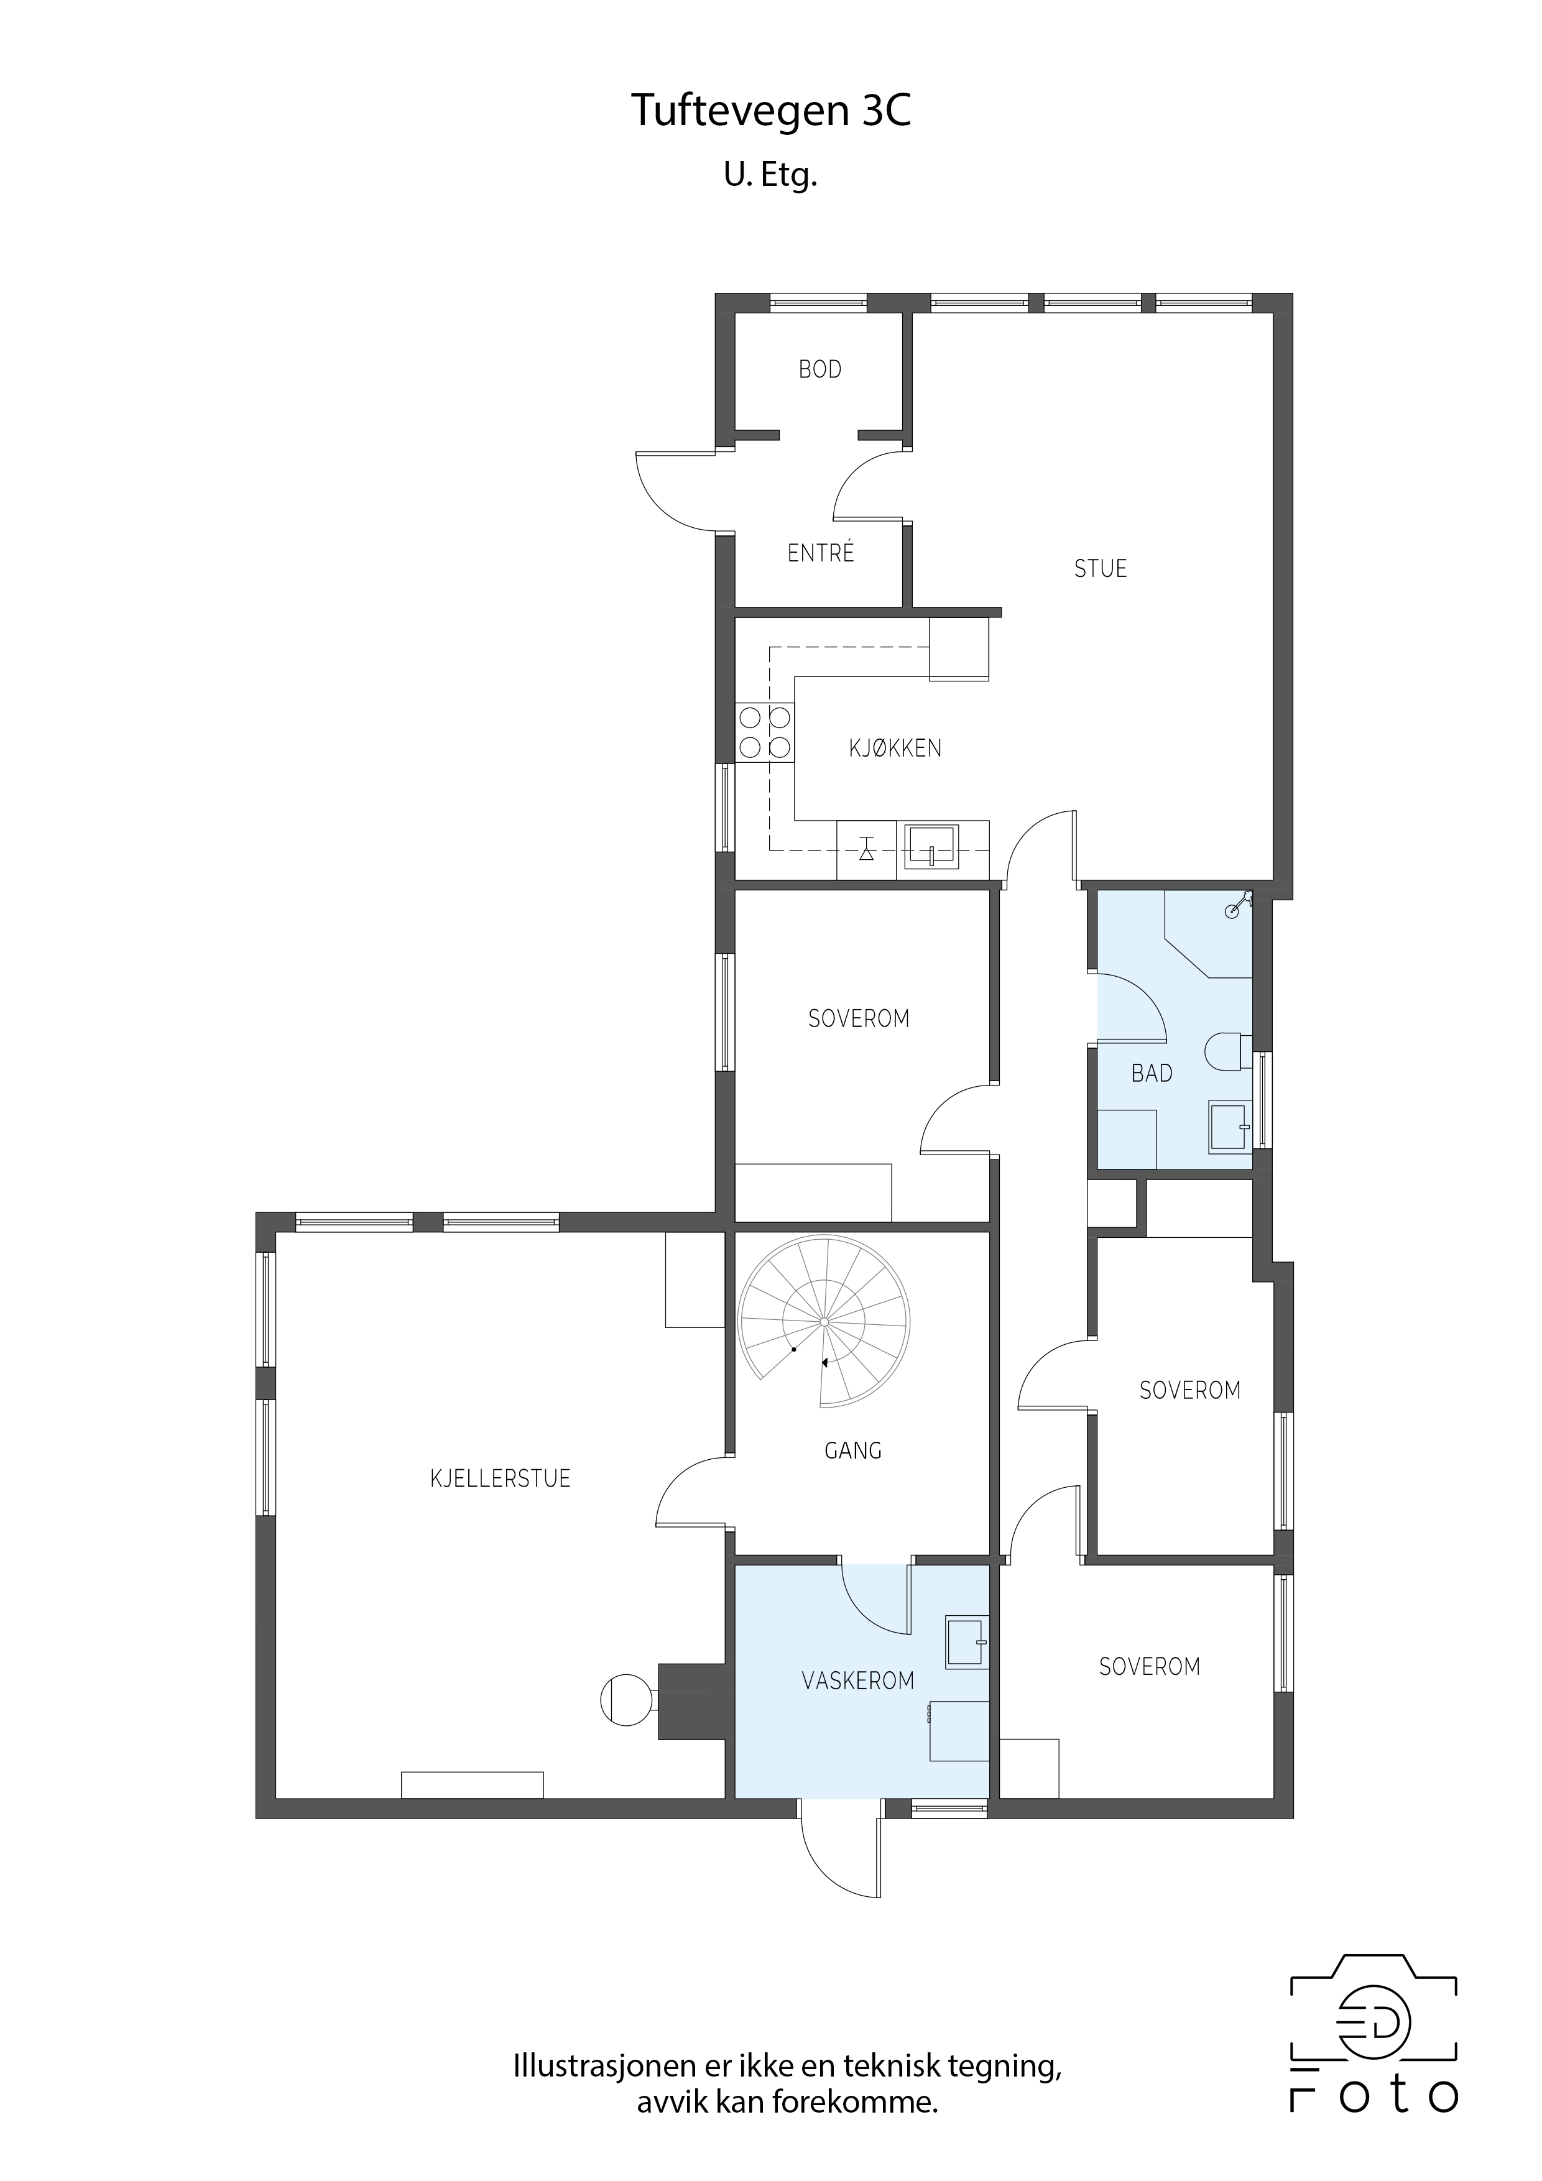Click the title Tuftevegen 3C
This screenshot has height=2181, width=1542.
tap(770, 112)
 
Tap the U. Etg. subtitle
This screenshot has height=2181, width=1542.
tap(770, 176)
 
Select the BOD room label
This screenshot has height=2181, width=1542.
tap(820, 369)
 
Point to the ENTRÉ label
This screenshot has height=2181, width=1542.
tap(821, 552)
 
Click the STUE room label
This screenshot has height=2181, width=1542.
tap(1100, 569)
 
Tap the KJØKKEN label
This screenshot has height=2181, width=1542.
tap(895, 749)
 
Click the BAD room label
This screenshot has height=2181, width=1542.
tap(1152, 1073)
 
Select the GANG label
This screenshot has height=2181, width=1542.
tap(853, 1450)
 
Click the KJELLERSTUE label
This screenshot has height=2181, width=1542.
tap(500, 1479)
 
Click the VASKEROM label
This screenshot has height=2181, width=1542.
tap(858, 1681)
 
